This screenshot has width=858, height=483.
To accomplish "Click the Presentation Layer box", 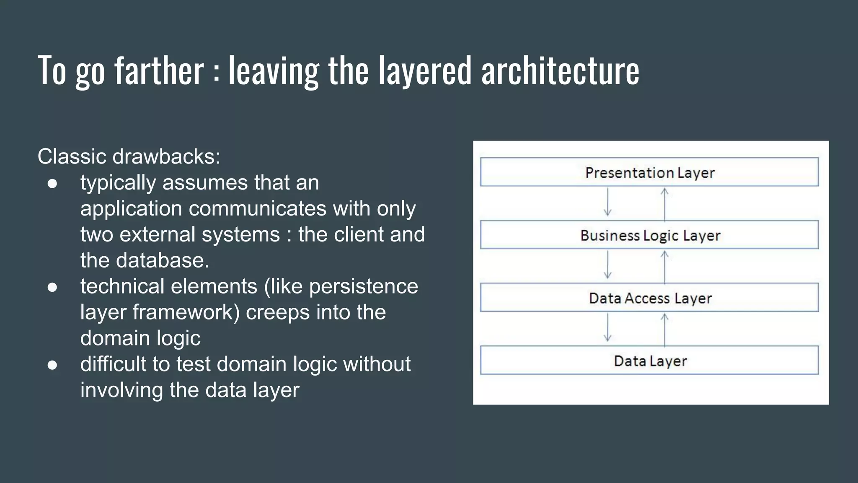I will coord(649,172).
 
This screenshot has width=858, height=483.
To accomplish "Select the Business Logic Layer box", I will coord(649,235).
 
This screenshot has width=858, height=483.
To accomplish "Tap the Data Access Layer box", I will coord(649,298).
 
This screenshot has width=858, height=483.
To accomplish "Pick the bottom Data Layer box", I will coord(649,361).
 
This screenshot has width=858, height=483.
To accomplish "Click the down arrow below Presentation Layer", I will coord(607,202).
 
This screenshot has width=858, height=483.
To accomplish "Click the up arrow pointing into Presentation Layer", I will coord(664,204).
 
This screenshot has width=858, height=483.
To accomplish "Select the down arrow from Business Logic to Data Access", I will coord(607,265).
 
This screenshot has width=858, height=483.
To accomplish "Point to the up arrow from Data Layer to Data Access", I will coord(664,330).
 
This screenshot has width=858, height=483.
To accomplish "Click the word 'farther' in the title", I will coord(159,70).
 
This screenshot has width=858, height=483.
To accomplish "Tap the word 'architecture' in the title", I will coord(560,70).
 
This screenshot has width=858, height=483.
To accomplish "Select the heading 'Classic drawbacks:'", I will coord(129,156).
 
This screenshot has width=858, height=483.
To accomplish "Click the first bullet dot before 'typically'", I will coord(52,184).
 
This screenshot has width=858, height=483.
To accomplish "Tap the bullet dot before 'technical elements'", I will coord(52,287).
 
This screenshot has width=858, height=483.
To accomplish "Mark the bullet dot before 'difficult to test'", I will coord(52,365).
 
